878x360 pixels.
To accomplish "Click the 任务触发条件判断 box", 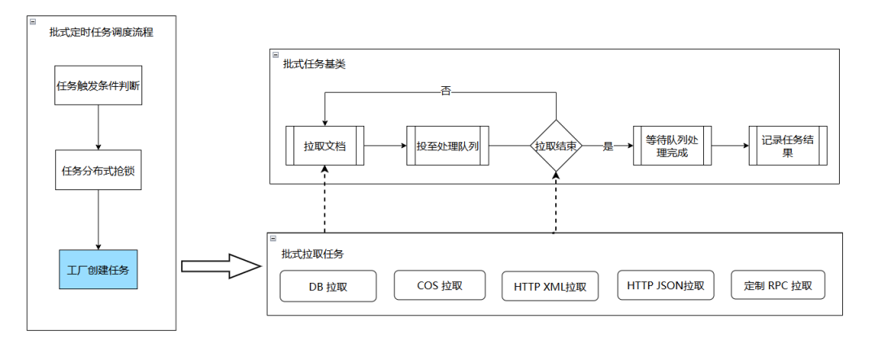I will tap(98, 85).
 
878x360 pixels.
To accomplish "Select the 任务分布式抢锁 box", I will tap(98, 170).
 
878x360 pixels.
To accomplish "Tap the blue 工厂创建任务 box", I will tap(98, 269).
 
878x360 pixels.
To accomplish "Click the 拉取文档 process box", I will tap(324, 145).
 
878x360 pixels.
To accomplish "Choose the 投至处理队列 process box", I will tap(446, 145).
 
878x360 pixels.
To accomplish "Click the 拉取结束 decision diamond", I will tap(556, 146).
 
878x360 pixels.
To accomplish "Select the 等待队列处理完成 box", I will tap(672, 145).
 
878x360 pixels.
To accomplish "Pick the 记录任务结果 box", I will tap(788, 145).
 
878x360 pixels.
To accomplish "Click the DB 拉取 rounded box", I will tap(328, 286).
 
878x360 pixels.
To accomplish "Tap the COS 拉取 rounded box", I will tap(439, 285).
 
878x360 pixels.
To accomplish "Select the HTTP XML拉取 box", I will tap(550, 286).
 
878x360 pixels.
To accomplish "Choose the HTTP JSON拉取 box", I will tap(666, 285).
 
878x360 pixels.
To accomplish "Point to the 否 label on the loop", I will tap(446, 90).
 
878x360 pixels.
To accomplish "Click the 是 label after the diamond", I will tap(607, 146).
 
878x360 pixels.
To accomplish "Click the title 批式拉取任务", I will tap(312, 254).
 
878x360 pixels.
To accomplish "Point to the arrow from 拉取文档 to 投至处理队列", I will tap(385, 146).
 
